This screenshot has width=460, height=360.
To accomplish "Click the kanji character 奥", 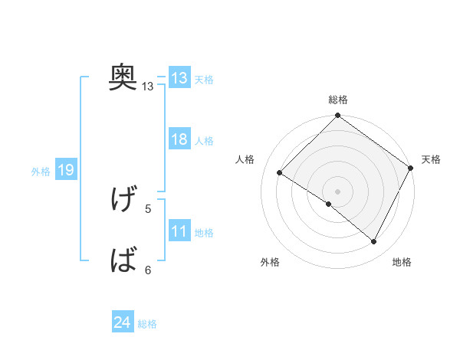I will [x=123, y=77].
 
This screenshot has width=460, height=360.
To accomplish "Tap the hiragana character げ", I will [x=123, y=200].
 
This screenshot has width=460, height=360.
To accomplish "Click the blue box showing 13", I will [x=179, y=78].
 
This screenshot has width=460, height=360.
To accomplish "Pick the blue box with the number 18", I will [x=179, y=140].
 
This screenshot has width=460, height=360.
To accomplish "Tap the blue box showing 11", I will [x=179, y=232].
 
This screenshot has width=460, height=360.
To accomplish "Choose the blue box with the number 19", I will [x=65, y=171].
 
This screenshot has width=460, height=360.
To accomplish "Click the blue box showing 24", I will [x=123, y=323].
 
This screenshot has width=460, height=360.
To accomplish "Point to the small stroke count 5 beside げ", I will [x=148, y=208].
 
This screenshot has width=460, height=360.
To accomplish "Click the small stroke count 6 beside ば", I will [x=148, y=270].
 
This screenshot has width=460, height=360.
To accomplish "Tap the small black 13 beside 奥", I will [x=148, y=87].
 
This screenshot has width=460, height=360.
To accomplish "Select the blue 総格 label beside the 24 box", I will [x=147, y=324].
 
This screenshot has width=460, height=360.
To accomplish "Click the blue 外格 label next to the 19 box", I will [x=41, y=172].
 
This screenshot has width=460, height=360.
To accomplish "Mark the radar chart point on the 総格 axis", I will [x=337, y=116].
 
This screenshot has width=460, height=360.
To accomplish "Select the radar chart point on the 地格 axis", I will [x=374, y=242].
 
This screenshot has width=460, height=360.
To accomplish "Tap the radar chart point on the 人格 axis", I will [x=280, y=172].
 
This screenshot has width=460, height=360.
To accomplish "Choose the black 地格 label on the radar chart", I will [x=402, y=262].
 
